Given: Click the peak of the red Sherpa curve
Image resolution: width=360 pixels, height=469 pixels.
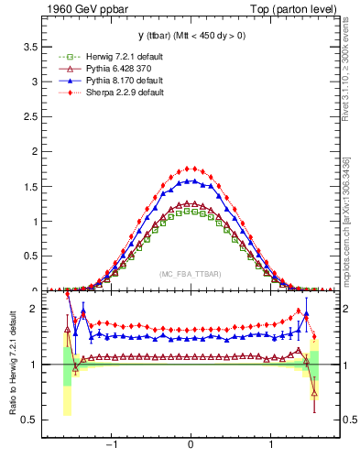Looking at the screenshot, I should pyautogui.click(x=191, y=168).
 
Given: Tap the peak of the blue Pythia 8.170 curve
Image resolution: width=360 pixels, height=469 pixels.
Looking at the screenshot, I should pyautogui.click(x=191, y=180).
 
